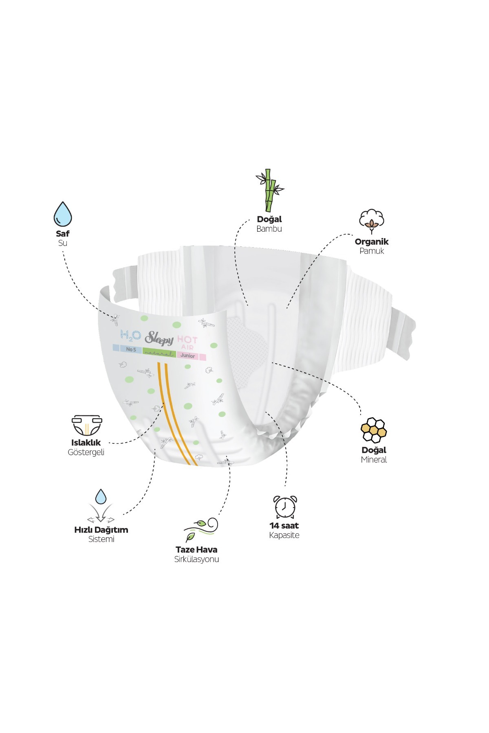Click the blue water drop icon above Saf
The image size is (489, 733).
pyautogui.click(x=63, y=214)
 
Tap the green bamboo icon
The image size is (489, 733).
pyautogui.click(x=269, y=190)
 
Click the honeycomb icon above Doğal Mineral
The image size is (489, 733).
pyautogui.click(x=374, y=430)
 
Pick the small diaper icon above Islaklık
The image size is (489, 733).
pyautogui.click(x=86, y=426)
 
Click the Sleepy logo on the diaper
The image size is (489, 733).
pyautogui.click(x=159, y=338)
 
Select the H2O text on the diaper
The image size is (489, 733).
pyautogui.click(x=131, y=336)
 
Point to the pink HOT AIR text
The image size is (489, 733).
pyautogui.click(x=187, y=343)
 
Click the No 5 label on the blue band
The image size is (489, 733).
pyautogui.click(x=131, y=349)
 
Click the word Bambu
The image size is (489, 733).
pyautogui.click(x=269, y=229)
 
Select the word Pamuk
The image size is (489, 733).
pyautogui.click(x=372, y=251)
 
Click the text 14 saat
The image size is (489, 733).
pyautogui.click(x=284, y=526)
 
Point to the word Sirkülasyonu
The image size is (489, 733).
pyautogui.click(x=196, y=559)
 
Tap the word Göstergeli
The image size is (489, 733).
pyautogui.click(x=86, y=452)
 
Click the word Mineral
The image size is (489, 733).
pyautogui.click(x=374, y=460)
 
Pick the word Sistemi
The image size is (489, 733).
pyautogui.click(x=101, y=539)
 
